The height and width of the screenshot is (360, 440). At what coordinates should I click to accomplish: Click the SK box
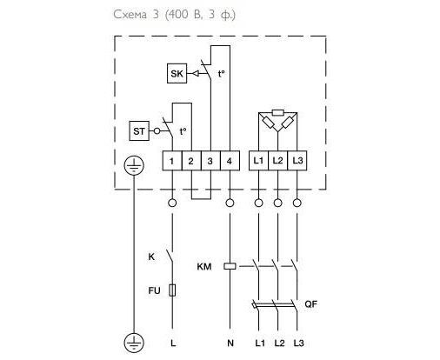tap(177, 74)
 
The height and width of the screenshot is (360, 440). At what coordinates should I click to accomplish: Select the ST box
tap(139, 131)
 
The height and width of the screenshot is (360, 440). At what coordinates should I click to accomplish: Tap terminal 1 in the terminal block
tap(172, 161)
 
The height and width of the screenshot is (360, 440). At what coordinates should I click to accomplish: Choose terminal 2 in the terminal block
tap(191, 161)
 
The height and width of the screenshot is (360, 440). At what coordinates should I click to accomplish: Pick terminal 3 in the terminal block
tap(210, 161)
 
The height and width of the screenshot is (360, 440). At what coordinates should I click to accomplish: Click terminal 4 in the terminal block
tap(230, 161)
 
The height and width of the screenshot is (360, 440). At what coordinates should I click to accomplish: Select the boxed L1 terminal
tap(258, 160)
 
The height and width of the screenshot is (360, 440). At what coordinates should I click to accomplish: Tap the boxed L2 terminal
tap(277, 160)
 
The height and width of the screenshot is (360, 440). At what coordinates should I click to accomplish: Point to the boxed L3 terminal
tap(297, 160)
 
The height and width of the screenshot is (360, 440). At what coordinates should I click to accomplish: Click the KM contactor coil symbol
tap(230, 266)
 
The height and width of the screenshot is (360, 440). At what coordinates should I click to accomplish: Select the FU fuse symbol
tap(172, 290)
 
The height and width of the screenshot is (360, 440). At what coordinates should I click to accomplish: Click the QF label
tap(310, 304)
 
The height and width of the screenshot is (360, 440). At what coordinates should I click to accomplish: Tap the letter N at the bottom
tap(230, 343)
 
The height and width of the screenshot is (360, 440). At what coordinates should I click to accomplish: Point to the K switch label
tap(151, 257)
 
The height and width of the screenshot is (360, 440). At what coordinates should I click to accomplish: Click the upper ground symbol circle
tap(134, 166)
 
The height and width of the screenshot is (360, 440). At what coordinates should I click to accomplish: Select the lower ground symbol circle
tap(134, 343)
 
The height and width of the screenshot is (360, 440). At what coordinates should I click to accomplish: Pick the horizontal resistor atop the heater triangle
tap(278, 112)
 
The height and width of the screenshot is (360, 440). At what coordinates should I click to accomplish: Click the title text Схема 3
tap(136, 14)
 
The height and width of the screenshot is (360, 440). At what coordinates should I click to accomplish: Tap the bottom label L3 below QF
tap(298, 343)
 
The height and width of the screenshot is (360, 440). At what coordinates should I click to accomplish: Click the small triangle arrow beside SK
tap(196, 74)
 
